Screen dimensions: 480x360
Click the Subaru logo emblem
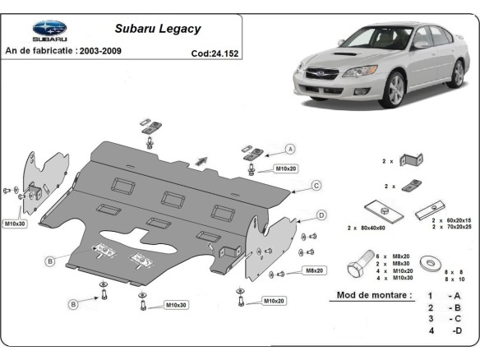tap(49, 28)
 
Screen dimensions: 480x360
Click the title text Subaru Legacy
tap(158, 29)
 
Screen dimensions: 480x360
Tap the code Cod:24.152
tap(215, 53)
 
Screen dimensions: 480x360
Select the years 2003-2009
tap(100, 51)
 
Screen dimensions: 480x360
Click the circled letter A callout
tap(290, 149)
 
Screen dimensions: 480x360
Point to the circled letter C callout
tap(316, 186)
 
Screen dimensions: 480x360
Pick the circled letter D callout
tap(321, 215)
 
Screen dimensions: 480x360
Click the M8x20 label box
tap(315, 270)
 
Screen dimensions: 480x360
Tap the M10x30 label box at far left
tap(15, 224)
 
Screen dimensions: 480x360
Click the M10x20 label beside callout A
tap(286, 168)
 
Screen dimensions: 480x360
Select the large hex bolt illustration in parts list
tap(361, 264)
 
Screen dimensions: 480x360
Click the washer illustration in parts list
tap(431, 263)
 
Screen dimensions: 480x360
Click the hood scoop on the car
tap(345, 54)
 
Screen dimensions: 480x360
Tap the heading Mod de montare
tap(374, 295)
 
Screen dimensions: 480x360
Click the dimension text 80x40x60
tap(373, 228)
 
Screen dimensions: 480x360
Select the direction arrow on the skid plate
tap(201, 161)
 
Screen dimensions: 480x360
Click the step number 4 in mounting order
tap(431, 330)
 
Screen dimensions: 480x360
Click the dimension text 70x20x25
tap(459, 227)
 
